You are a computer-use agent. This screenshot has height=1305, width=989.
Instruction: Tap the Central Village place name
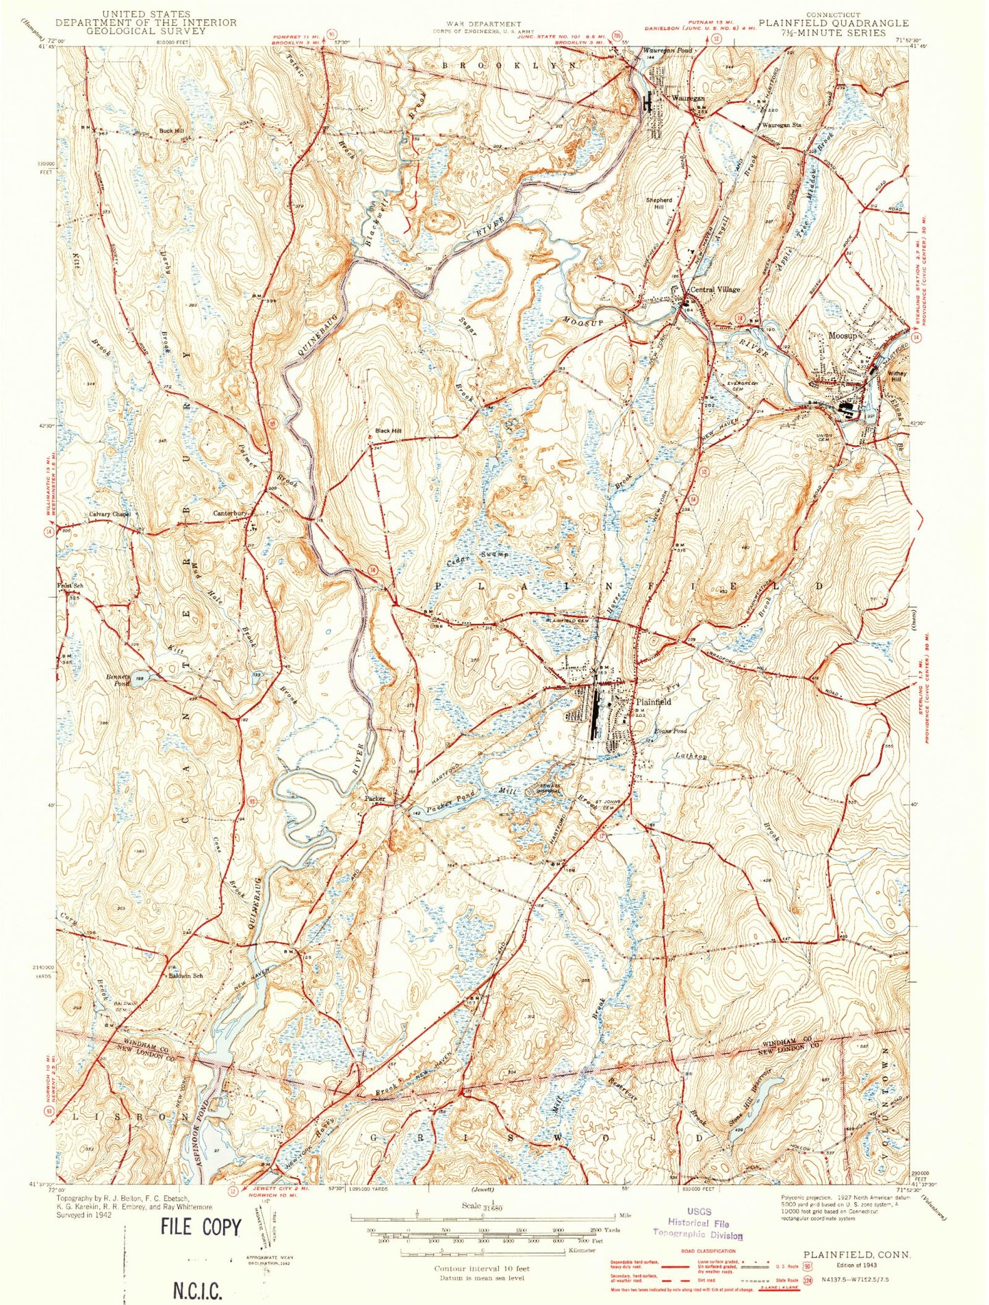tap(715, 290)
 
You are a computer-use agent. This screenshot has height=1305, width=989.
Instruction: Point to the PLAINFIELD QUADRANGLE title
tap(833, 23)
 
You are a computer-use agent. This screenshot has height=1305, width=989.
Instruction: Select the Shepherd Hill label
tap(658, 203)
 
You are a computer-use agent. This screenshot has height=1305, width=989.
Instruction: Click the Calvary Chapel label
tap(110, 514)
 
